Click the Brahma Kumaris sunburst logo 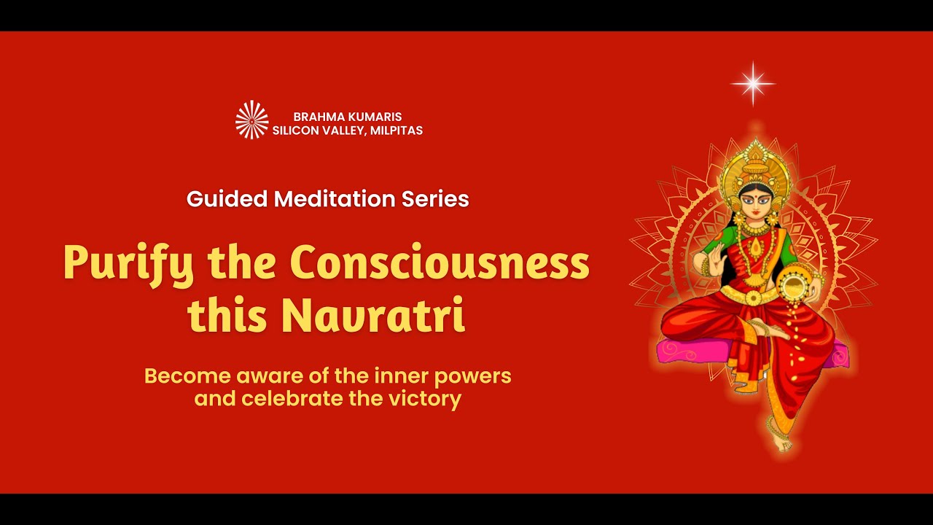coord(251,120)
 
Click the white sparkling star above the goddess coord(753,84)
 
